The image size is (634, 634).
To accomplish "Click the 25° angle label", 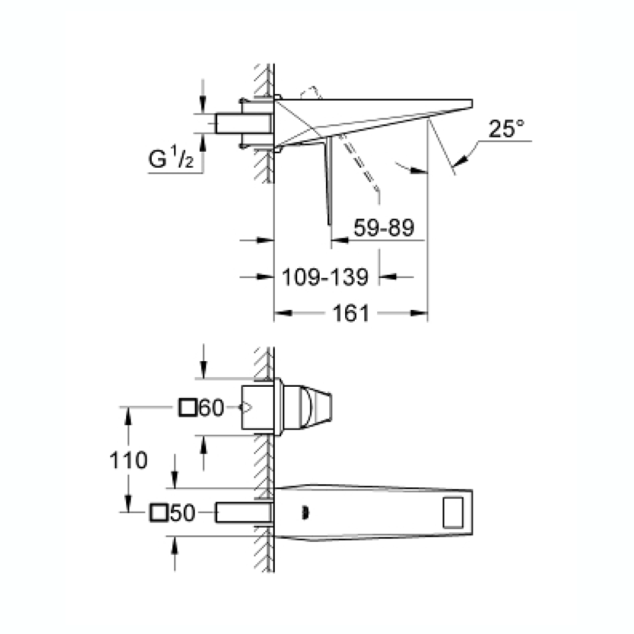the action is [506, 129].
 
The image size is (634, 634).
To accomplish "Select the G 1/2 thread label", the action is [171, 158].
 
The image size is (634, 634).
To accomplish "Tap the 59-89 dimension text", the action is [384, 227].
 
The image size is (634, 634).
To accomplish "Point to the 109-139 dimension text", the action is [325, 277].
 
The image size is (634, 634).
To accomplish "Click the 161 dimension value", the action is [351, 313].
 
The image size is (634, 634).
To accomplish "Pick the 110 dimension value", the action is [128, 460].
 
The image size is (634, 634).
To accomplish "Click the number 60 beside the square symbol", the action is [211, 407].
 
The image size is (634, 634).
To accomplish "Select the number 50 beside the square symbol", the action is [183, 513].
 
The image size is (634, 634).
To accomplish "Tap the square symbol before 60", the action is [188, 407].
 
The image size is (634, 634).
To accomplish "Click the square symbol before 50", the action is [159, 513].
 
